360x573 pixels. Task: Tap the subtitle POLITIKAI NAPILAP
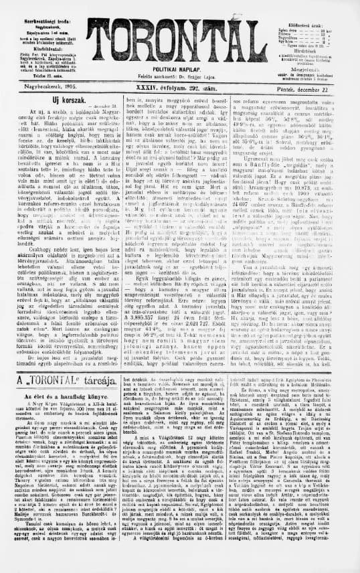click(x=180, y=69)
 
